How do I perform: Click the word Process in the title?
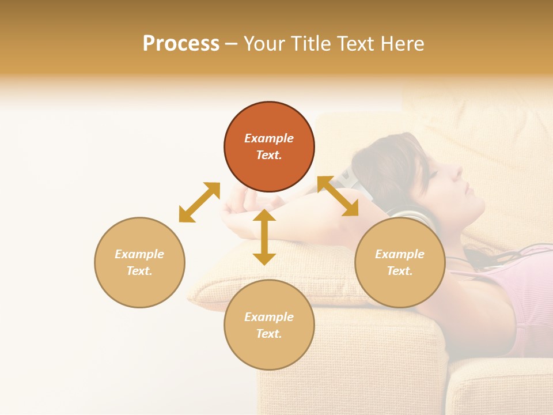(181, 44)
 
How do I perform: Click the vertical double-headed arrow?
(264, 237)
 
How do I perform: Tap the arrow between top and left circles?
(199, 202)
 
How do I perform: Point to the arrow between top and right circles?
(338, 196)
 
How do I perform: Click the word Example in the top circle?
(269, 138)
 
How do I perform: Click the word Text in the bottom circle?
(268, 334)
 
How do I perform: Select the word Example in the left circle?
(139, 254)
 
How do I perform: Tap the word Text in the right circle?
(399, 271)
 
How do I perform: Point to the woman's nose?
(456, 172)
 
